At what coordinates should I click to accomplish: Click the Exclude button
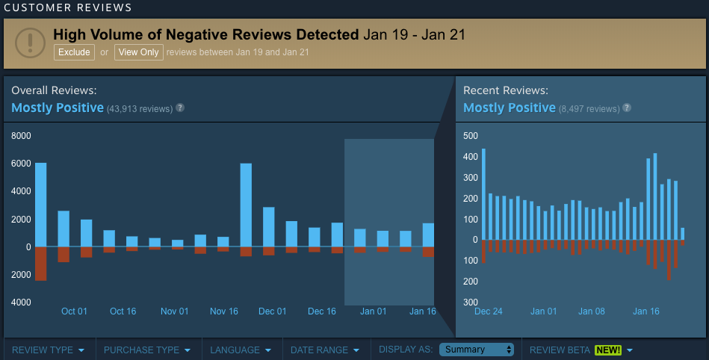pyautogui.click(x=74, y=52)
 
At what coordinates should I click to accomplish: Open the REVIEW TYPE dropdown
pyautogui.click(x=48, y=350)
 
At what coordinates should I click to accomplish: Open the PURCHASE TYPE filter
pyautogui.click(x=146, y=350)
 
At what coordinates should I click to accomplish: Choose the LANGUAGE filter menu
pyautogui.click(x=240, y=350)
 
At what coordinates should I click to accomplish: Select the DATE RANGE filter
pyautogui.click(x=324, y=350)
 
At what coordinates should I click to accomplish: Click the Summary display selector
pyautogui.click(x=477, y=350)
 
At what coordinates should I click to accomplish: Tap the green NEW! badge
pyautogui.click(x=608, y=350)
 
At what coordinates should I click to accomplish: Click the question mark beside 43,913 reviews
pyautogui.click(x=180, y=108)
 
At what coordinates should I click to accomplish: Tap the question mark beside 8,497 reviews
pyautogui.click(x=627, y=108)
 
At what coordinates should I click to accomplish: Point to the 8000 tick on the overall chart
pyautogui.click(x=21, y=136)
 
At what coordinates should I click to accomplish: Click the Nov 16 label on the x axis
pyautogui.click(x=223, y=311)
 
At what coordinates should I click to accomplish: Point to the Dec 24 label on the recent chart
pyautogui.click(x=489, y=311)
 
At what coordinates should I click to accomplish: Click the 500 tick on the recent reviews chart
pyautogui.click(x=471, y=136)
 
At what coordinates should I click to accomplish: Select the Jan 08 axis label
pyautogui.click(x=592, y=311)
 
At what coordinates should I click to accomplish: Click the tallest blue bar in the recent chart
pyautogui.click(x=484, y=194)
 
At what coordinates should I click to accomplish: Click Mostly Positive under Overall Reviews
pyautogui.click(x=58, y=108)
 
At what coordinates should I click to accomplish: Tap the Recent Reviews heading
pyautogui.click(x=506, y=90)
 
